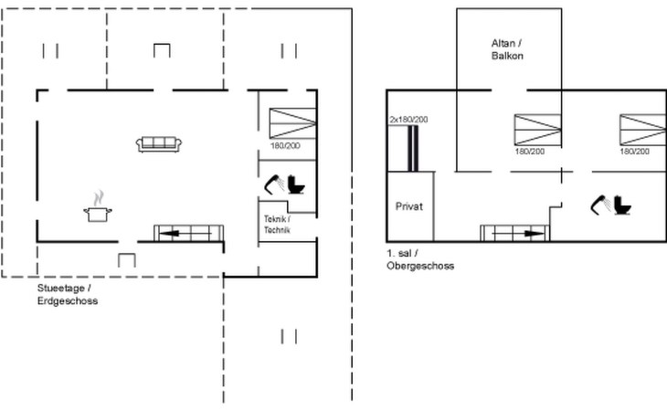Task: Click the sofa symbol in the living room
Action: click(x=159, y=144)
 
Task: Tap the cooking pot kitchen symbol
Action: click(x=98, y=214)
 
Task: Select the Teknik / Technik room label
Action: click(x=277, y=225)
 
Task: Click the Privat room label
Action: click(x=409, y=206)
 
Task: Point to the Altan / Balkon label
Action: click(x=507, y=49)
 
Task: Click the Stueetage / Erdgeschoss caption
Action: click(x=68, y=294)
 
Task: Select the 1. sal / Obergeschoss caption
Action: click(x=420, y=259)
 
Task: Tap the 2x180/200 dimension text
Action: click(x=408, y=120)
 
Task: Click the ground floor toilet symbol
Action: click(x=296, y=184)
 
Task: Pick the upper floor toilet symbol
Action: click(x=622, y=205)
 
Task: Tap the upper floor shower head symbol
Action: click(x=601, y=205)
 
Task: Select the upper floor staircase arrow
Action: click(x=519, y=233)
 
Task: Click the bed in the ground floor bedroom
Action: click(x=292, y=123)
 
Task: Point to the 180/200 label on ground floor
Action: click(x=285, y=146)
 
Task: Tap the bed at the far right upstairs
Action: click(x=643, y=130)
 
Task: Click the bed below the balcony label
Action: click(x=537, y=130)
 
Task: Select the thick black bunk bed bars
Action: click(x=413, y=148)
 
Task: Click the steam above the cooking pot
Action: click(x=99, y=197)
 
